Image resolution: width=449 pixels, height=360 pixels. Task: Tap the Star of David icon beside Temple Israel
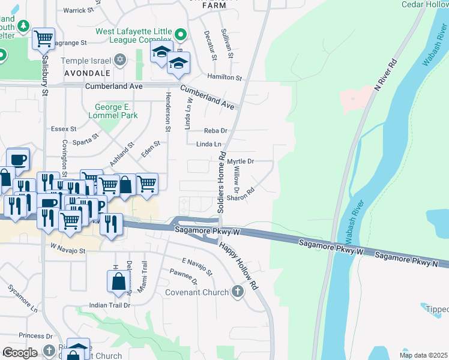click(x=120, y=60)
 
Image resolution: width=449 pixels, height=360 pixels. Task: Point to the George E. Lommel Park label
click(x=112, y=111)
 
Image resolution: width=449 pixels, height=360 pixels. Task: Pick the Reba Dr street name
click(x=215, y=130)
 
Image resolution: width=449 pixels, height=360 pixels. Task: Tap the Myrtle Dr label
click(x=241, y=161)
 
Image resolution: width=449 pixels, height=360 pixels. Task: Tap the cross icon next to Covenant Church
click(x=238, y=292)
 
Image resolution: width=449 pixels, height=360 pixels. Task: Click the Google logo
click(x=20, y=353)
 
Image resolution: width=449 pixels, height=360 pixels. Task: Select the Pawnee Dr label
click(x=187, y=277)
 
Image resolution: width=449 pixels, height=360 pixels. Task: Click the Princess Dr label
click(x=36, y=335)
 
